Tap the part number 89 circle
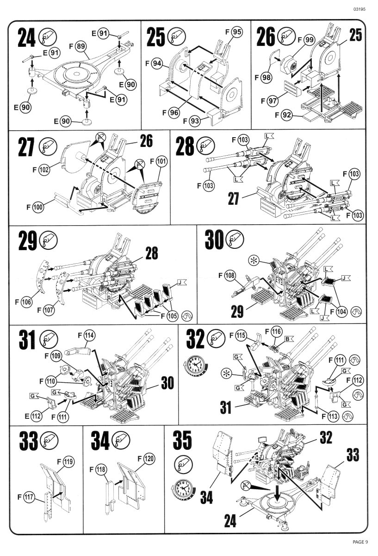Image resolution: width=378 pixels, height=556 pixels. point(81,46)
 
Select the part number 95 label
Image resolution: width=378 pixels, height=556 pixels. point(236,32)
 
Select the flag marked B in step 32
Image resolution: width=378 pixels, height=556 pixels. point(287,339)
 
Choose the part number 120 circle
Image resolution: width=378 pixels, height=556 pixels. point(149,459)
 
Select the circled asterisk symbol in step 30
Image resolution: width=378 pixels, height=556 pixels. point(253,260)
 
